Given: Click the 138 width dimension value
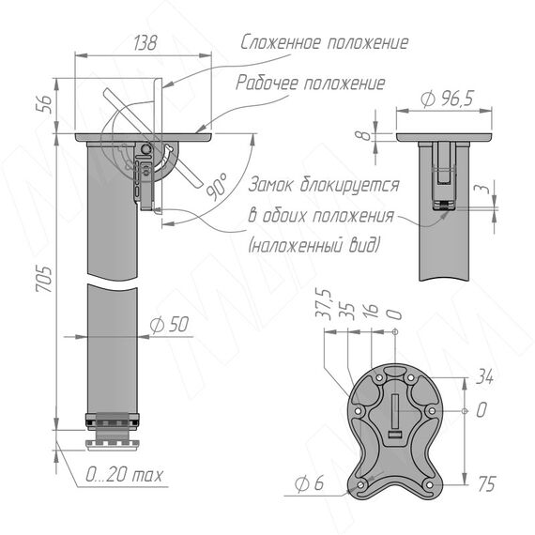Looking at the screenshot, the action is (145, 42).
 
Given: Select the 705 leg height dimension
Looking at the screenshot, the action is (44, 278).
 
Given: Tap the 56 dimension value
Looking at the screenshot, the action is (44, 104).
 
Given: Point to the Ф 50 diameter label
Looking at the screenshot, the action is (169, 325).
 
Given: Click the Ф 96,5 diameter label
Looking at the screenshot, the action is (448, 99).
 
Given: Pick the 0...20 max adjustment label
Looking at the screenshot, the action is (124, 474).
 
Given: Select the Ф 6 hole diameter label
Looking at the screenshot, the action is (309, 482).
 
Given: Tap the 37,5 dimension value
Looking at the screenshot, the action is (324, 304).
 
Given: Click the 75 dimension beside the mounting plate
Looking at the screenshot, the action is (486, 483).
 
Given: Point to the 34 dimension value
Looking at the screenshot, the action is (485, 376).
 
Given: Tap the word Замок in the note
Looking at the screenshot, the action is (270, 185).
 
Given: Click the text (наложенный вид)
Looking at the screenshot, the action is (314, 244).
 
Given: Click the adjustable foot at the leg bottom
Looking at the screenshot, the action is (113, 445).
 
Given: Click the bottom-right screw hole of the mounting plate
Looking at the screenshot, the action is (429, 484).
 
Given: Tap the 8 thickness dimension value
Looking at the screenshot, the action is (364, 135).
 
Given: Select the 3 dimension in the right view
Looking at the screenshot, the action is (482, 189).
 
